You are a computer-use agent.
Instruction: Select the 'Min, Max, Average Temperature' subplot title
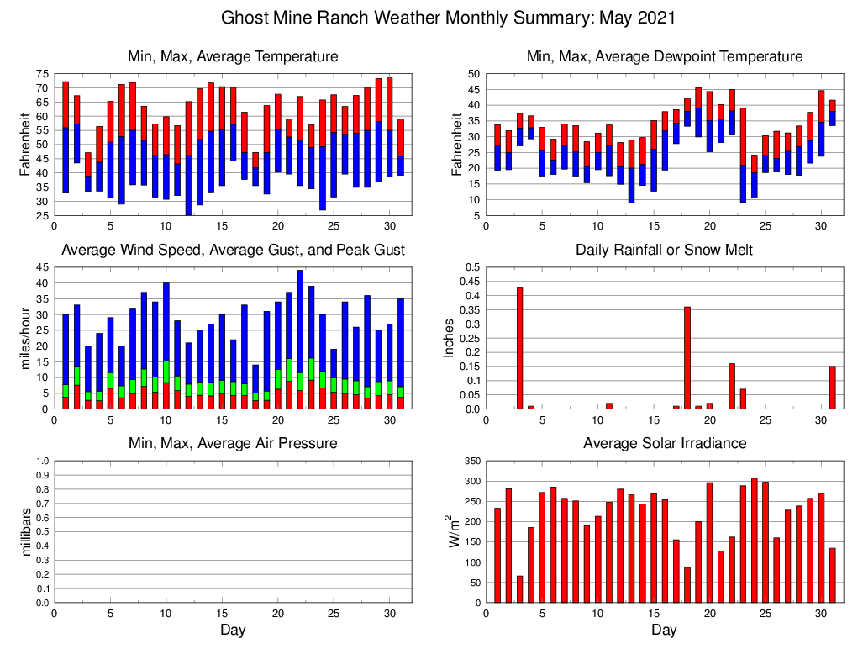[x=233, y=56]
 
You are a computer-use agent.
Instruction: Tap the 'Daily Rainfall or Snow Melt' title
[x=664, y=250]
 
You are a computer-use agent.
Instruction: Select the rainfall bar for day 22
[x=732, y=386]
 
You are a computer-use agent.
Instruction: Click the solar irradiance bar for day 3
[x=519, y=589]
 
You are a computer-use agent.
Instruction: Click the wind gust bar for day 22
[x=300, y=319]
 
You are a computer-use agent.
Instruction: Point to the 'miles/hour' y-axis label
[x=25, y=338]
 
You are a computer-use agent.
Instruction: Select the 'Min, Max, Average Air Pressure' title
[x=233, y=443]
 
